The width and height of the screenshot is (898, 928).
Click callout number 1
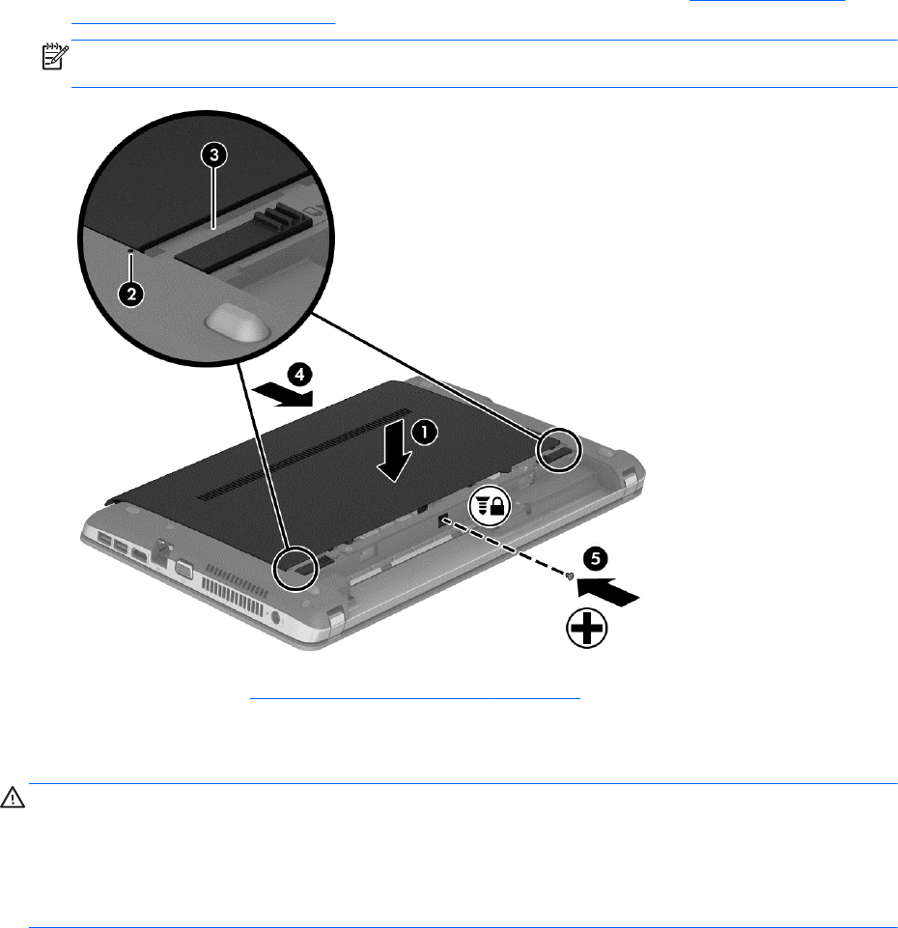tap(424, 433)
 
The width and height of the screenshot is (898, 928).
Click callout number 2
tap(130, 294)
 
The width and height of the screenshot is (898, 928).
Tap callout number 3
tap(214, 155)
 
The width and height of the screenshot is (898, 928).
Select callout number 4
tap(299, 375)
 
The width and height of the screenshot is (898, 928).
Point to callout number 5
tap(596, 559)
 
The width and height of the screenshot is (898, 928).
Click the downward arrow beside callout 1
tap(395, 450)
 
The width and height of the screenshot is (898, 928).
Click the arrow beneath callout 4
tap(282, 394)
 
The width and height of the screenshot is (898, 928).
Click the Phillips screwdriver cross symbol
tap(587, 628)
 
